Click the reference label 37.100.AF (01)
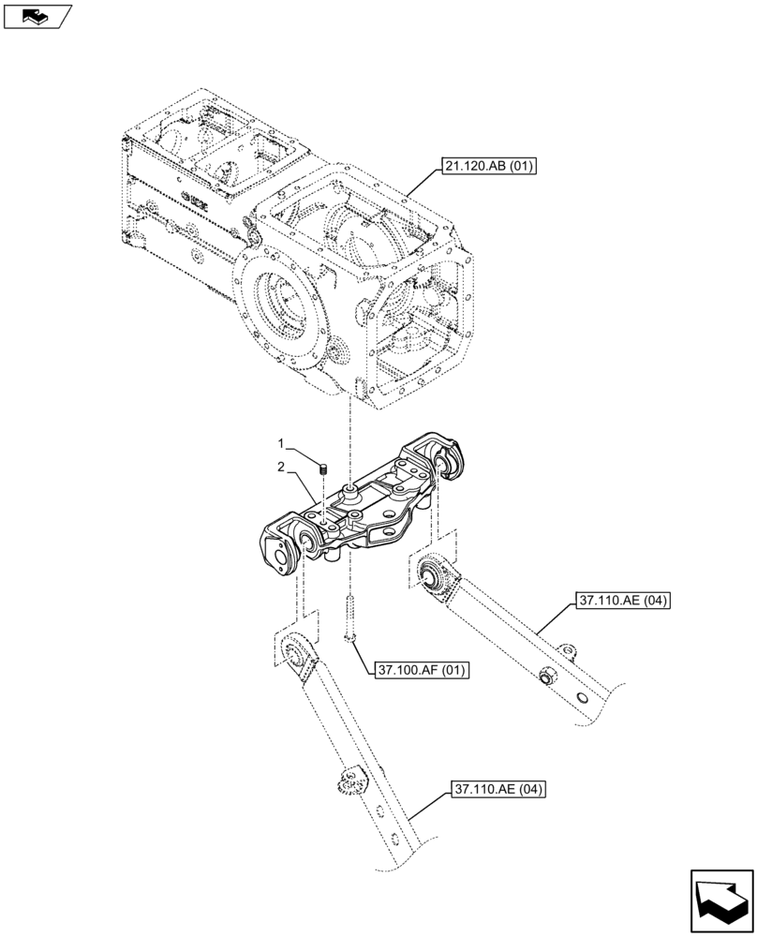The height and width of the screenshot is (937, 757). point(422,670)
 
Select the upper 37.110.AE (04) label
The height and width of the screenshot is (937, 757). point(622,602)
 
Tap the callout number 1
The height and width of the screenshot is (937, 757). point(278,442)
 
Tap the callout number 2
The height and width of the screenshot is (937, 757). point(278,466)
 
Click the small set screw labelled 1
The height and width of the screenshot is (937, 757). point(321,468)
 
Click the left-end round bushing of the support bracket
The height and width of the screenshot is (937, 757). point(305,542)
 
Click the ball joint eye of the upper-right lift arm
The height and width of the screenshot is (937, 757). point(434,573)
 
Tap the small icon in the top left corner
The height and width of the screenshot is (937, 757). point(37,15)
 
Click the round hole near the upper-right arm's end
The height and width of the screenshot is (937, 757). point(582,699)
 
